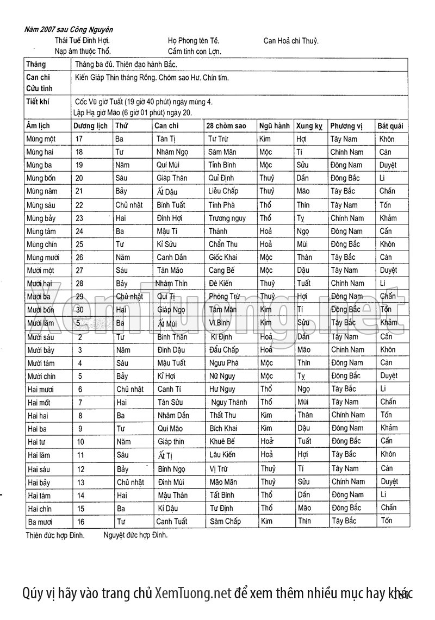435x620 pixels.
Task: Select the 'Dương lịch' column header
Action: click(x=90, y=126)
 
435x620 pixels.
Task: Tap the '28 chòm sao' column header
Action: click(x=226, y=126)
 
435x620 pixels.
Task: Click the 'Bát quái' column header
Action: click(x=390, y=126)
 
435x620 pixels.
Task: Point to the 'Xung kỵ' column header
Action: click(x=309, y=126)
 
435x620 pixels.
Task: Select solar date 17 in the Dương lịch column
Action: click(x=79, y=139)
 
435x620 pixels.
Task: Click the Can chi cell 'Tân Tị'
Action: click(x=166, y=139)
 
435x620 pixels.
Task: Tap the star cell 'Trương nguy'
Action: click(x=227, y=218)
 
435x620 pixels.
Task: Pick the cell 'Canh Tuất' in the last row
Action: click(x=171, y=522)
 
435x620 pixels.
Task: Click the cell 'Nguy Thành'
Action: click(x=229, y=403)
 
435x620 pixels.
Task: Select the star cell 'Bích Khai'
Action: click(x=223, y=429)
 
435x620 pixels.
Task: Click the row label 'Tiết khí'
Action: click(x=38, y=102)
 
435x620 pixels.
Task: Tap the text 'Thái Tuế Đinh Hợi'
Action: click(x=82, y=41)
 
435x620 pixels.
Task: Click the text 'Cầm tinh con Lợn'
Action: click(x=194, y=52)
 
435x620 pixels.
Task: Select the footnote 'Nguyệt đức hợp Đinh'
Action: click(x=135, y=535)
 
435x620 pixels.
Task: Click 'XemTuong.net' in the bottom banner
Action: click(x=193, y=593)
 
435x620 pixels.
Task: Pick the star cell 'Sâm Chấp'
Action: click(x=225, y=522)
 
